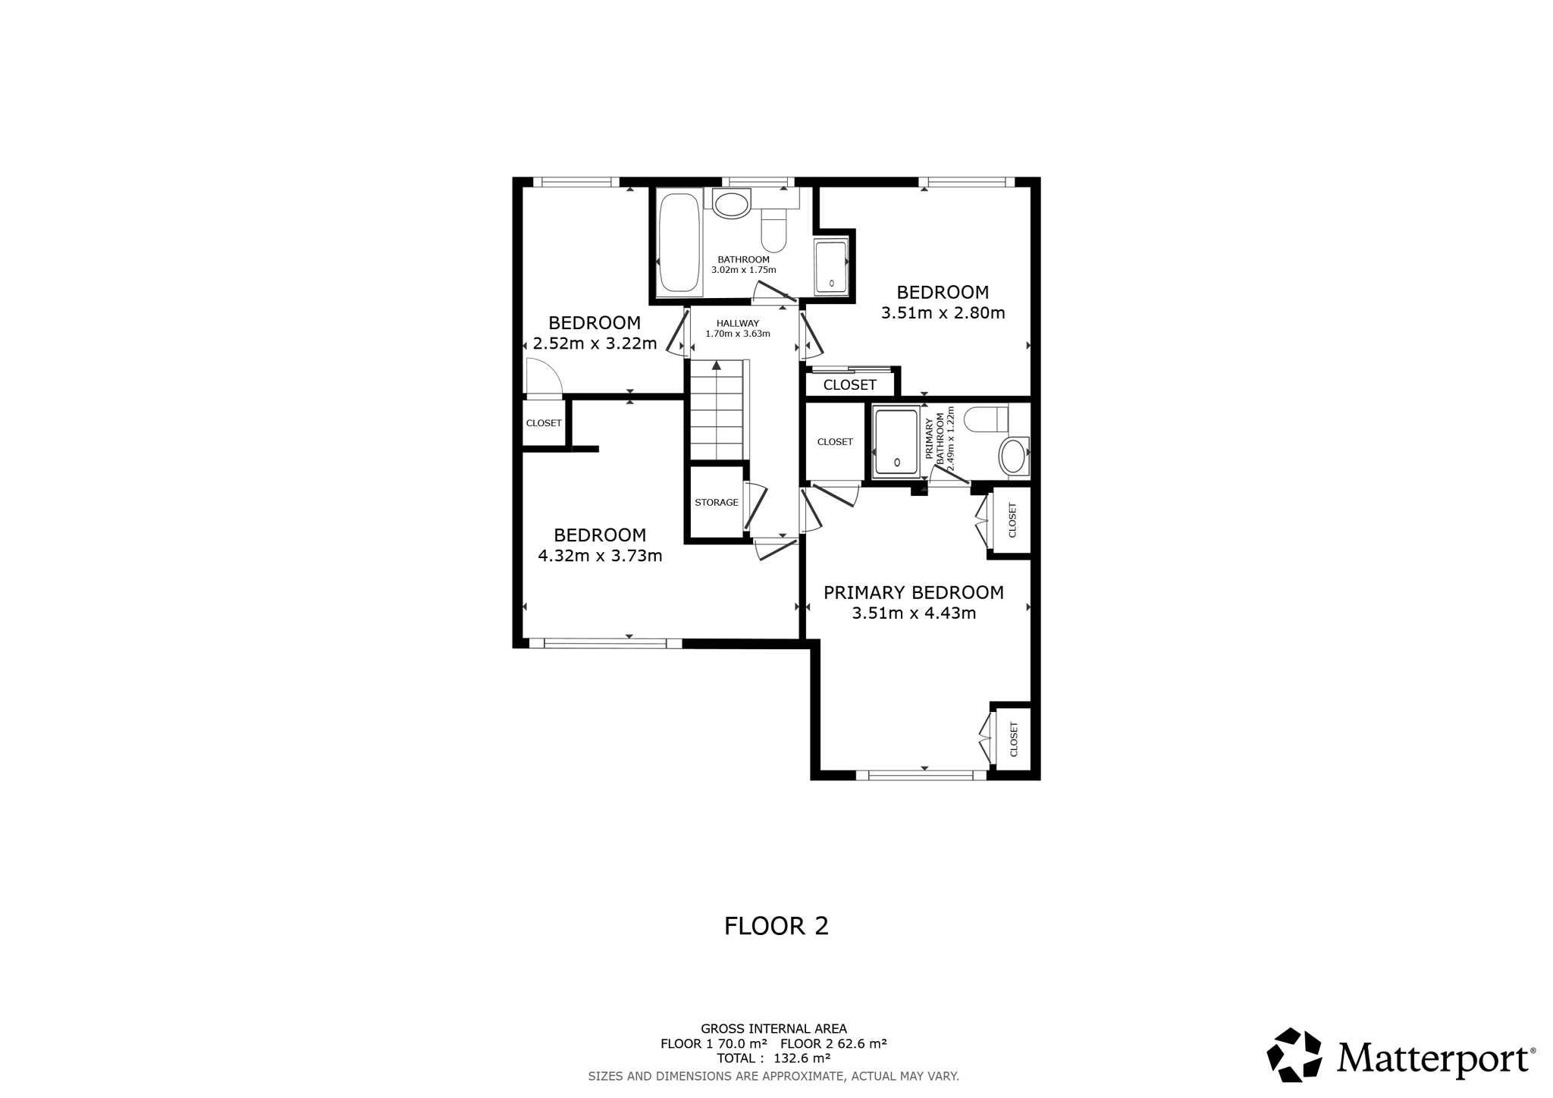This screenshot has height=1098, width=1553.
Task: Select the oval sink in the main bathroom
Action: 731,204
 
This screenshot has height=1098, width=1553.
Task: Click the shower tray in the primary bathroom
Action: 896,442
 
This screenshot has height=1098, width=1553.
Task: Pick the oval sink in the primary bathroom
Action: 1014,456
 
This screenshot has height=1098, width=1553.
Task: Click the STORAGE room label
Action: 717,502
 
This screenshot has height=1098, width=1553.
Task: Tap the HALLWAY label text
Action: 738,323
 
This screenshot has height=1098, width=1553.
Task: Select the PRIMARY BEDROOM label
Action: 914,592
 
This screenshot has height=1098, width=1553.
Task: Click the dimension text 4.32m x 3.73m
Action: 600,556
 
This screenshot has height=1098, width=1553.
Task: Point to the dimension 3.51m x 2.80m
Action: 943,312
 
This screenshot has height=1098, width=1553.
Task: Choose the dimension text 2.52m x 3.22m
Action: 595,344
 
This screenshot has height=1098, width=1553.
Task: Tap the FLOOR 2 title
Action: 776,926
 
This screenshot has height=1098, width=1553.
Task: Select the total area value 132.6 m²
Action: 802,1058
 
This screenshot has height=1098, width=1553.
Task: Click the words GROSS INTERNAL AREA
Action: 773,1029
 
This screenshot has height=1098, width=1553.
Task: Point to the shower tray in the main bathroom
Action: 830,267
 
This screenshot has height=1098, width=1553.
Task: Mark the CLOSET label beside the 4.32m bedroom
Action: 544,423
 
